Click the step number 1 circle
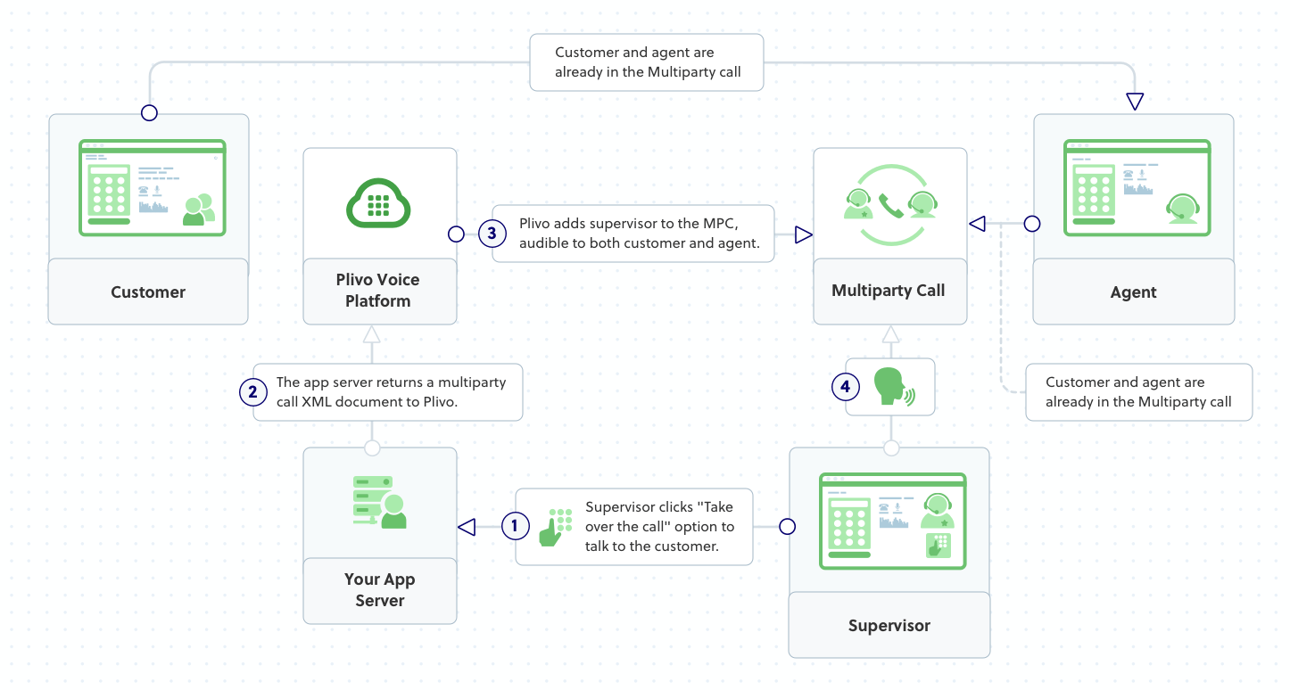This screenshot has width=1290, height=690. pyautogui.click(x=515, y=526)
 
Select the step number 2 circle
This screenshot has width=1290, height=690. pyautogui.click(x=253, y=391)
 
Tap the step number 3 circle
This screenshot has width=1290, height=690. pyautogui.click(x=492, y=234)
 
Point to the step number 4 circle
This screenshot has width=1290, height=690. pyautogui.click(x=846, y=386)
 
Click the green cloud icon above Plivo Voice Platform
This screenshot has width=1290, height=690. pyautogui.click(x=378, y=203)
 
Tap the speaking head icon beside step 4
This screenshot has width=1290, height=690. pyautogui.click(x=893, y=387)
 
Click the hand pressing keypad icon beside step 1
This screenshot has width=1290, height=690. pyautogui.click(x=555, y=527)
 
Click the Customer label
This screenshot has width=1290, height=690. pyautogui.click(x=148, y=292)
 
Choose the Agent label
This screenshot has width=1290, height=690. pyautogui.click(x=1133, y=292)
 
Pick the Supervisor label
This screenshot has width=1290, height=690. pyautogui.click(x=889, y=626)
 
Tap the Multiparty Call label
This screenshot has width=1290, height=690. pyautogui.click(x=888, y=291)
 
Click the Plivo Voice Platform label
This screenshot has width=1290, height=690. pyautogui.click(x=378, y=291)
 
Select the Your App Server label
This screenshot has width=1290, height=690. pyautogui.click(x=380, y=590)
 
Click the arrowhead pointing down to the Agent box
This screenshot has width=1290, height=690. pyautogui.click(x=1135, y=102)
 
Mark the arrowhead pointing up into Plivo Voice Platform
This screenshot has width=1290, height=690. pyautogui.click(x=372, y=334)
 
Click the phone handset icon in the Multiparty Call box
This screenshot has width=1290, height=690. pyautogui.click(x=889, y=206)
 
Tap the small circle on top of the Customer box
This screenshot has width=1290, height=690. pyautogui.click(x=150, y=113)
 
